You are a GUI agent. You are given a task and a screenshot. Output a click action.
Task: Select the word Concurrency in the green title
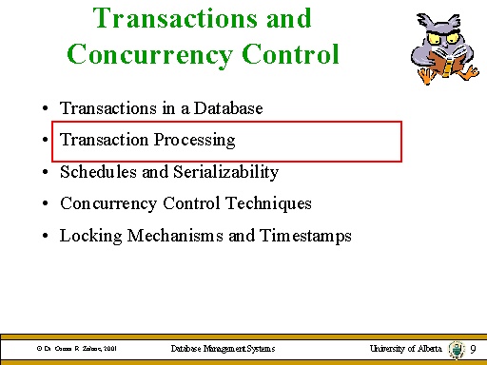click(x=146, y=53)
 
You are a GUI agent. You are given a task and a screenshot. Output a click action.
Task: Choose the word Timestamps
click(x=304, y=236)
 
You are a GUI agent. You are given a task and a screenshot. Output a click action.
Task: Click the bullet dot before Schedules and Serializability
click(x=46, y=173)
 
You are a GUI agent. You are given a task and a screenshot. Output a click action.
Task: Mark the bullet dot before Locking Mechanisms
click(x=46, y=237)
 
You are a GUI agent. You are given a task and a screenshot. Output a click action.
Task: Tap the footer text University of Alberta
click(x=406, y=349)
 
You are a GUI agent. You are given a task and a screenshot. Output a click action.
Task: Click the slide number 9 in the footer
click(x=473, y=349)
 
